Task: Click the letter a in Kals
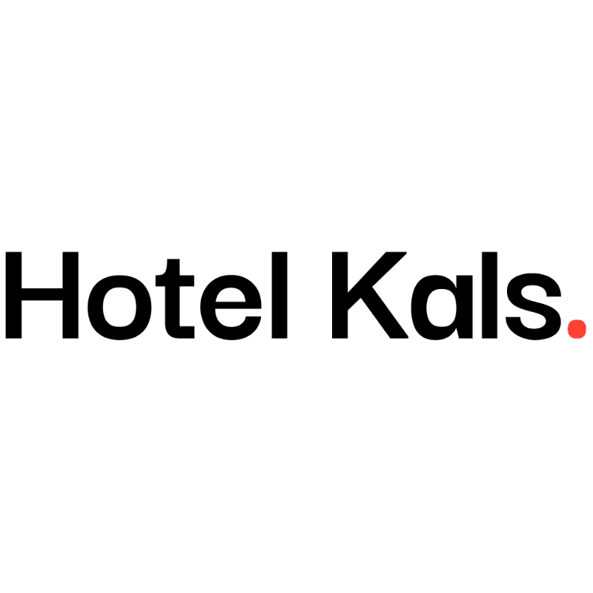click(x=434, y=305)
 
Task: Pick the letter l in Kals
click(x=483, y=294)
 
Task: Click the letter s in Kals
click(x=528, y=305)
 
